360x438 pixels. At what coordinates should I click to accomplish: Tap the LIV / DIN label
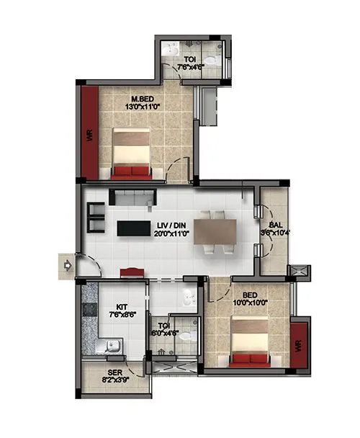[x=173, y=225]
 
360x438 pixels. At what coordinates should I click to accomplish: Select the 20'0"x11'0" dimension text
[x=173, y=234]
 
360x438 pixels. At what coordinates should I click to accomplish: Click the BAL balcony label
[x=276, y=223]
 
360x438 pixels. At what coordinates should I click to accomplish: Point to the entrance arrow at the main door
[x=67, y=265]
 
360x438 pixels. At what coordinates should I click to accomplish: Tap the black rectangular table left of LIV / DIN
[x=133, y=228]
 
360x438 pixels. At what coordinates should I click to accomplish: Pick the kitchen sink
[x=113, y=347]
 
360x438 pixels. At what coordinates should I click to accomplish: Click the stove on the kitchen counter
[x=89, y=310]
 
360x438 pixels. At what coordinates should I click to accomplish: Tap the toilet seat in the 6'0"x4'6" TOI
[x=186, y=334]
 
